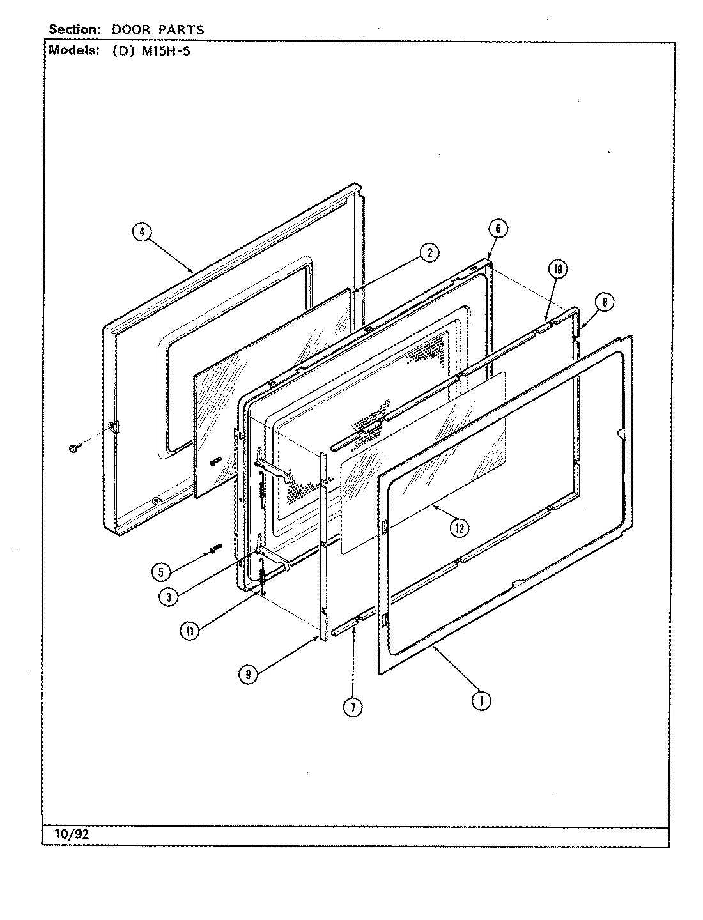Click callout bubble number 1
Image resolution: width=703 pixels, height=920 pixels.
click(481, 701)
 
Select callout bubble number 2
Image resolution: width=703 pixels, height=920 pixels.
click(429, 253)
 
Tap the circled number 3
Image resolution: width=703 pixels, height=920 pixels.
click(169, 597)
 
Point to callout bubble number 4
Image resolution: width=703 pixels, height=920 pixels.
click(142, 233)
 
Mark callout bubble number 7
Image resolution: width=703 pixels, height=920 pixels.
click(352, 707)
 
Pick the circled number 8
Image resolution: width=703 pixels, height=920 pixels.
click(604, 302)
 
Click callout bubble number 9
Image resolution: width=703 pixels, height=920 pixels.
click(247, 673)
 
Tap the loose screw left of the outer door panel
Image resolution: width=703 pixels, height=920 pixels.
click(72, 449)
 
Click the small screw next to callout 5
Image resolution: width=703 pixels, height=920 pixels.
click(215, 548)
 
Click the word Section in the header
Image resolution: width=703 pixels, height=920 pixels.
click(71, 30)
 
